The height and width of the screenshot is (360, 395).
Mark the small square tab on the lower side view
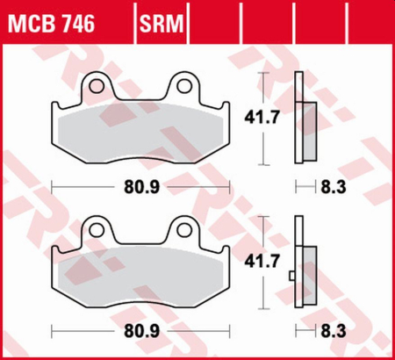coord(291,277)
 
